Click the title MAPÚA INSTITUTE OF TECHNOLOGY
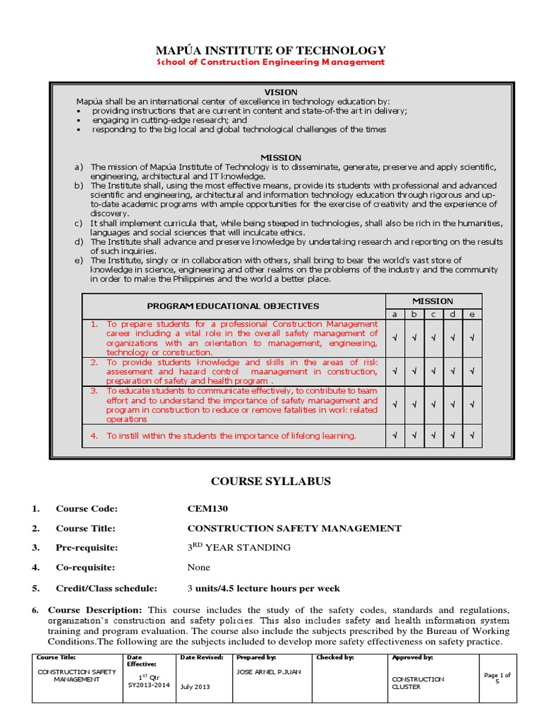point(270,50)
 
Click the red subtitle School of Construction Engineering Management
point(270,62)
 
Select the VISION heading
point(281,92)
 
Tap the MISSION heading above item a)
point(281,157)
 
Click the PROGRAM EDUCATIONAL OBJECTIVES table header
point(233,306)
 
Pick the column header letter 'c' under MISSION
point(433,313)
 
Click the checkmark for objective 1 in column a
point(395,338)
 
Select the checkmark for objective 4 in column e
point(471,435)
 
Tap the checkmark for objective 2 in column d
point(452,370)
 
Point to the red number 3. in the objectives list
point(94,390)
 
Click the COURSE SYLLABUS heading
point(271,482)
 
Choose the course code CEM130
point(207,509)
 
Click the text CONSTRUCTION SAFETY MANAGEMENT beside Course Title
point(294,528)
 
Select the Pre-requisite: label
point(87,547)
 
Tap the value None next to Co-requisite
point(198,567)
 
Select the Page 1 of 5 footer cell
point(497,678)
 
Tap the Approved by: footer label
point(411,657)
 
